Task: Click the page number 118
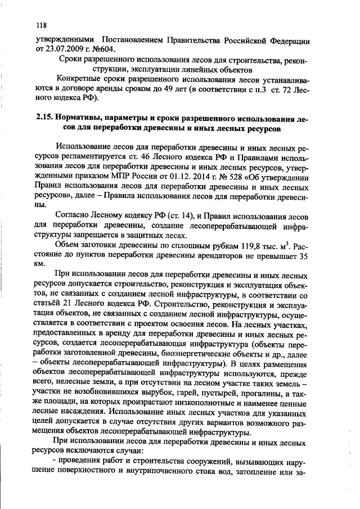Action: [40, 25]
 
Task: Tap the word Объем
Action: [67, 245]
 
